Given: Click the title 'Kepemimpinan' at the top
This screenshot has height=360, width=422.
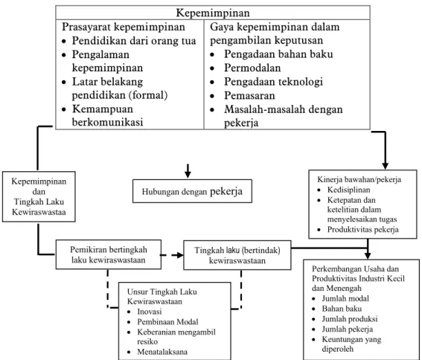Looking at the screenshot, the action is click(x=213, y=13).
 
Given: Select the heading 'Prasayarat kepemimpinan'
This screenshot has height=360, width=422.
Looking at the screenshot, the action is click(x=124, y=27).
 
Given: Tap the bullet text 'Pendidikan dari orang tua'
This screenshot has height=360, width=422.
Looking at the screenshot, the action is click(x=134, y=41).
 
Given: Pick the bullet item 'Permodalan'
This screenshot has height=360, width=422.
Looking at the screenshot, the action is click(x=252, y=68).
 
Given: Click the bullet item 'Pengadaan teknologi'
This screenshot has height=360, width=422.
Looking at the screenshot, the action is click(x=273, y=82).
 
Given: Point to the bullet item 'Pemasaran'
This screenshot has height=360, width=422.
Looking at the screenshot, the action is click(x=249, y=95).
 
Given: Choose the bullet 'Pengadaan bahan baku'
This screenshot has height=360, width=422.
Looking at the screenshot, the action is click(x=278, y=54).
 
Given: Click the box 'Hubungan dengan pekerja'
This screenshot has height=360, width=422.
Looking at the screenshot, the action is click(x=192, y=191).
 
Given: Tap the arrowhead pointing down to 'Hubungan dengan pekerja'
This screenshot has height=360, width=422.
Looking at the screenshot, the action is click(x=188, y=174).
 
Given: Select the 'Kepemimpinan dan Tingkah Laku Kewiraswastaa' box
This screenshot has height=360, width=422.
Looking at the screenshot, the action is click(x=39, y=196).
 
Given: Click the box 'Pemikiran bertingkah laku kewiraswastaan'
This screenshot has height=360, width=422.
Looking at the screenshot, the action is click(x=109, y=254).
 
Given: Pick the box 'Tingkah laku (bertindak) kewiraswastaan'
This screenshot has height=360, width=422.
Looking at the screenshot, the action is click(x=237, y=255).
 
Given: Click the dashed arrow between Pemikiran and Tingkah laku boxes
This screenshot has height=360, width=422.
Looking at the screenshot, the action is click(x=172, y=255).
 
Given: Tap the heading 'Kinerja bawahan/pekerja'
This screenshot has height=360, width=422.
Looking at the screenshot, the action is click(x=359, y=179).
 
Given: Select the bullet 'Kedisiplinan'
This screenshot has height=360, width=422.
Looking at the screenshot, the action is click(x=348, y=190).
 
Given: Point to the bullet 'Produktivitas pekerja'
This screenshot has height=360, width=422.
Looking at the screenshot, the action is click(x=362, y=230).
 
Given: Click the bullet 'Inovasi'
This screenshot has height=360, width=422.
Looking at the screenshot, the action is click(x=150, y=312).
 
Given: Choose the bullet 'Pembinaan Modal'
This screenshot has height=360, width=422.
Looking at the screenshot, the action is click(x=167, y=322).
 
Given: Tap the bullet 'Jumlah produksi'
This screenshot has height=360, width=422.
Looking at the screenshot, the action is click(x=350, y=319).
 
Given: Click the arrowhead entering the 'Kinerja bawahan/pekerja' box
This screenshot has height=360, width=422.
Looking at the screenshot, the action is click(x=385, y=166).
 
